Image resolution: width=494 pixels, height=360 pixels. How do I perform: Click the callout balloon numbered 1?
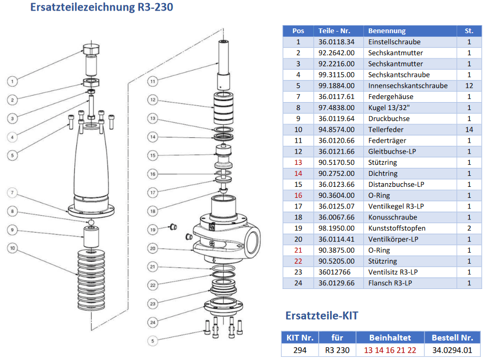pos(13,81)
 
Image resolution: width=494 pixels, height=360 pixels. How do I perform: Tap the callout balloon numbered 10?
pos(13,247)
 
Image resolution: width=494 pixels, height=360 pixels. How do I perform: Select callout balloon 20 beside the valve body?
pos(152,248)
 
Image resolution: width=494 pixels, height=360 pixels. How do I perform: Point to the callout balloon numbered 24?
pos(152,322)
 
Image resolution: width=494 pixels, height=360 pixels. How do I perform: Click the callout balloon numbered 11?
pos(152,81)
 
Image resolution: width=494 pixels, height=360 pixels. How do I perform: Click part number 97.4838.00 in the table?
pos(336,107)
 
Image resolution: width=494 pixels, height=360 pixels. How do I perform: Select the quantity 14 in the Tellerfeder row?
pos(469,129)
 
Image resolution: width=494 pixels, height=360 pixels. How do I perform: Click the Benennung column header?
pos(387,31)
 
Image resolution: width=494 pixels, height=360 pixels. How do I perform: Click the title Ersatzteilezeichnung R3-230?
pos(102,7)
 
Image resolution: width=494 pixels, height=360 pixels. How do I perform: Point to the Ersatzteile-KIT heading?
pos(321,315)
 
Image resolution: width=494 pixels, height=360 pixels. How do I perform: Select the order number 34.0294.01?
pos(452,349)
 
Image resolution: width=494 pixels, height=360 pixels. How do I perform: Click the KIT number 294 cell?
pos(300,349)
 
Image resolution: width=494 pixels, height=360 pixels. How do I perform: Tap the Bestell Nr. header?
pos(452,337)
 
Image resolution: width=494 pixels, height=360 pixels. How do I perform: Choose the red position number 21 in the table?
pos(298,250)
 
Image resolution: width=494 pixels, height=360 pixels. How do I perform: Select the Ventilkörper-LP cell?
pos(393,239)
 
